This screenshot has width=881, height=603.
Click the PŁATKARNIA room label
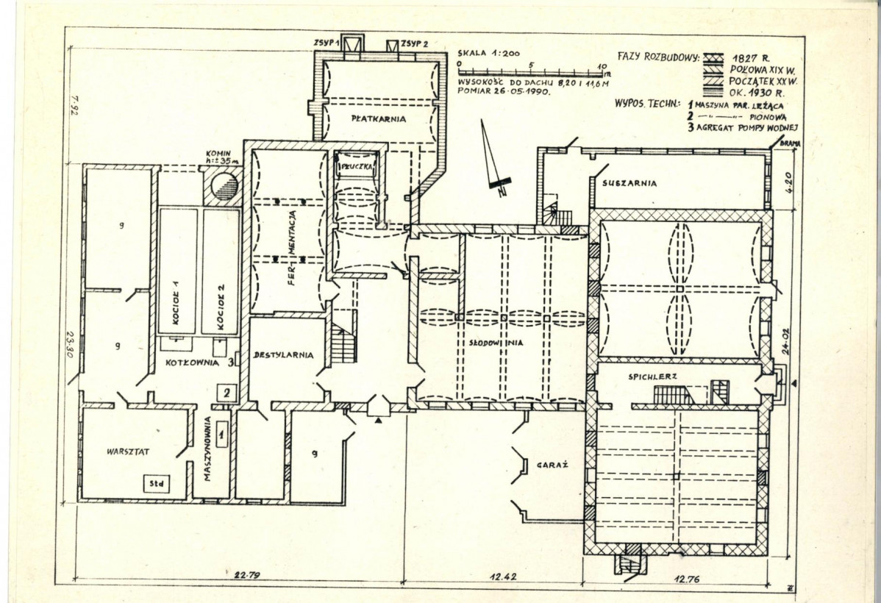point(379,119)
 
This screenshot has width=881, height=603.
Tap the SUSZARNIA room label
point(628,183)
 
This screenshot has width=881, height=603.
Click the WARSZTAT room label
point(128,452)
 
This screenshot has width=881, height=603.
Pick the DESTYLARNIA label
point(284,355)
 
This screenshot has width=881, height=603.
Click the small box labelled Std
point(155,484)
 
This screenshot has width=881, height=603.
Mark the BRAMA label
point(791,145)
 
